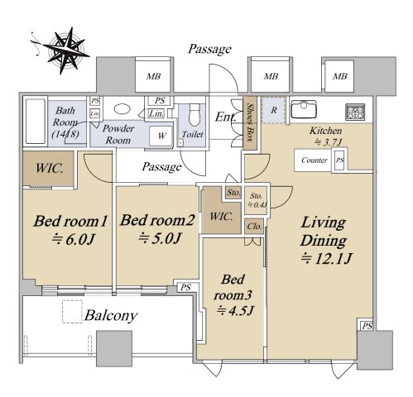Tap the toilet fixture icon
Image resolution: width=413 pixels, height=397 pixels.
click(194, 114)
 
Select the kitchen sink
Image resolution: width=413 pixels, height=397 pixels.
click(304, 109)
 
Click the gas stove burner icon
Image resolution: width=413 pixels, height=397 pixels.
click(355, 112)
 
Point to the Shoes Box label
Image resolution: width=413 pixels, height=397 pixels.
click(250, 122)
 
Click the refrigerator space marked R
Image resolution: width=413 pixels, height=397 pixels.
click(274, 110)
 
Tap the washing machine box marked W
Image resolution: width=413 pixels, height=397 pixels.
click(161, 136)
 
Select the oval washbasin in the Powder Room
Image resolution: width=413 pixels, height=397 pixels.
click(122, 108)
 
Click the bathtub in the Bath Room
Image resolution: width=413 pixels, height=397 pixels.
click(36, 122)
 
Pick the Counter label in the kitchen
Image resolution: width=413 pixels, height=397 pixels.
click(315, 160)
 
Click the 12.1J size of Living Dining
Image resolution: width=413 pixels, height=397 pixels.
click(326, 259)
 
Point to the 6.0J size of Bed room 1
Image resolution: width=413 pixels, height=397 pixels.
click(73, 240)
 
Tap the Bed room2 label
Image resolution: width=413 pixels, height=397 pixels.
click(157, 220)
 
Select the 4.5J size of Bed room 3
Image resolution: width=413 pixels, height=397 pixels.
click(235, 311)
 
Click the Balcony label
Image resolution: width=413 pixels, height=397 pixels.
click(111, 316)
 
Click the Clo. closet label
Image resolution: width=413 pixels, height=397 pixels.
click(254, 227)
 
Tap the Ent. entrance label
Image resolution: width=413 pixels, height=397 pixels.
click(225, 117)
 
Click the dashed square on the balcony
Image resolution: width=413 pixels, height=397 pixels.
click(72, 311)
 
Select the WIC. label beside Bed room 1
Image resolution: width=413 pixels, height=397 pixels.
click(50, 168)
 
